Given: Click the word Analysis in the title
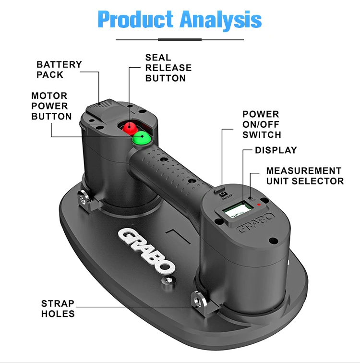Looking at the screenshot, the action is click(221, 19).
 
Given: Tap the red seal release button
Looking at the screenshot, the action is click(129, 128).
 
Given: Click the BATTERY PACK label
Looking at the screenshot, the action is click(59, 69).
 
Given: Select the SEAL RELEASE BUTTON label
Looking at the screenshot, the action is click(168, 68).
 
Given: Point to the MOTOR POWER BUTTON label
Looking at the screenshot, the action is click(51, 106).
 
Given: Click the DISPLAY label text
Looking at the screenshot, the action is click(276, 150).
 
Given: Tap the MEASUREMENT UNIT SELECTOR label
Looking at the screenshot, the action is click(305, 176).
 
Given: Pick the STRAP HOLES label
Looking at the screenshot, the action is click(58, 309).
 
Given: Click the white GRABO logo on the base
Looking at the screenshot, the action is click(147, 250).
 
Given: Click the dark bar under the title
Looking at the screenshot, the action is click(180, 39).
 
